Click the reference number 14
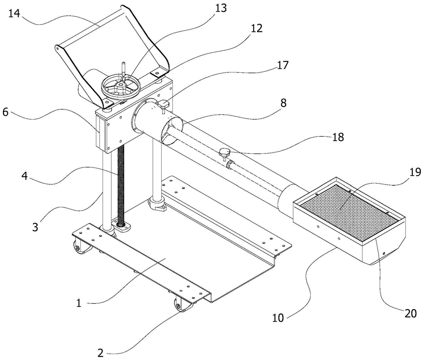pos(14,13)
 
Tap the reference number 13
pos(221,8)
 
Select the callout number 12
pos(256,28)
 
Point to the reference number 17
pos(282,65)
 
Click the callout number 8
pos(283,103)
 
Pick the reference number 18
pos(338,137)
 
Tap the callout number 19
pos(415,172)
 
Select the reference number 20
pos(410,314)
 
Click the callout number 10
pos(278,318)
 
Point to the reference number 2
pos(101,353)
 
